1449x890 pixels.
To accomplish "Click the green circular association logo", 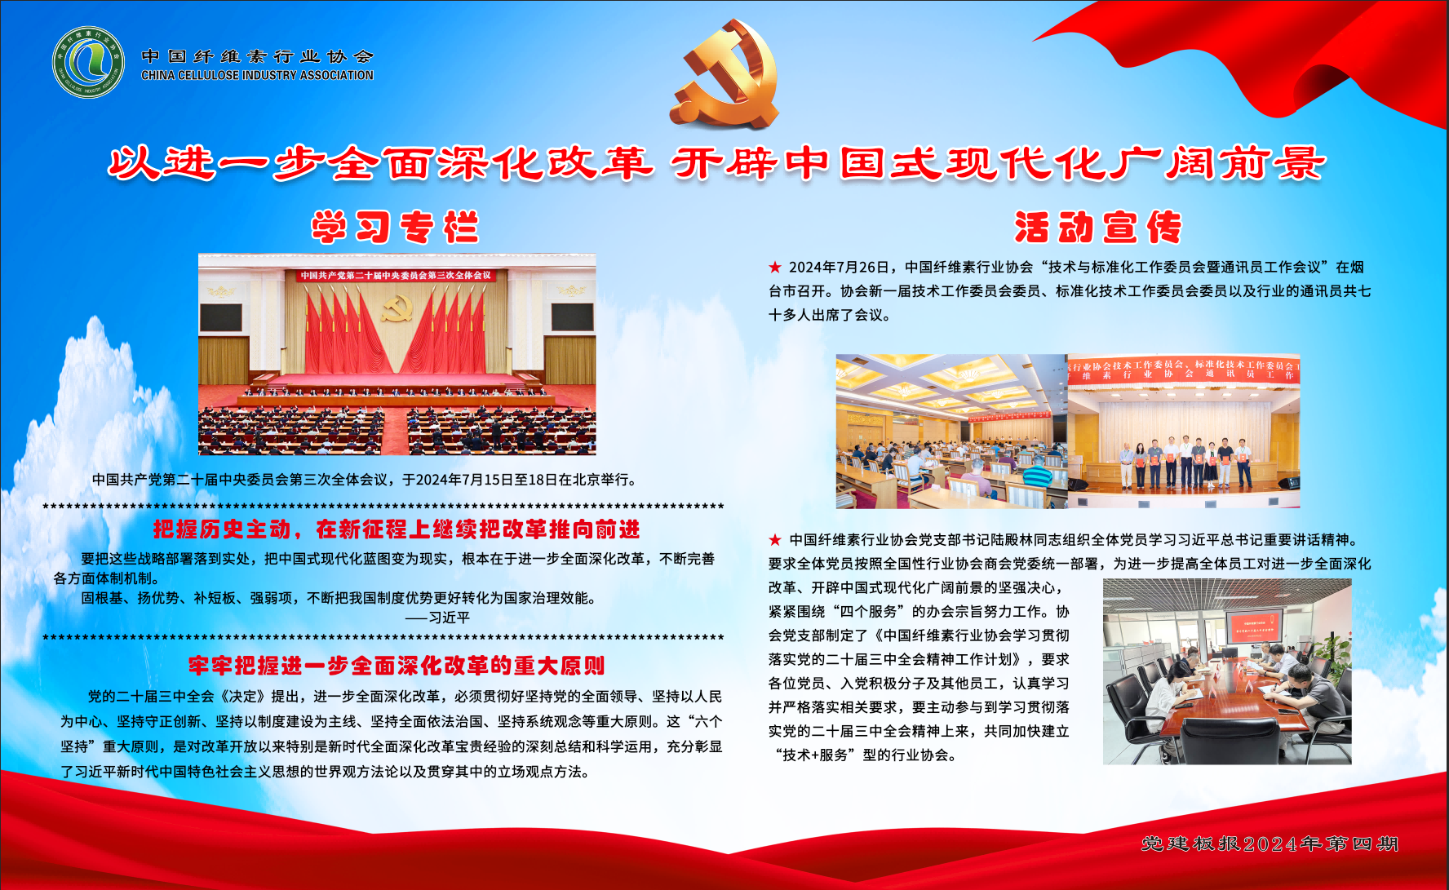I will [88, 62].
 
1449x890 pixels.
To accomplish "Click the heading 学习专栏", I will [394, 228].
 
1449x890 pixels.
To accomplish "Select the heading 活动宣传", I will [1098, 228].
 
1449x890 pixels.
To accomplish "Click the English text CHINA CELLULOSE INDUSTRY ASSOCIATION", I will [257, 75].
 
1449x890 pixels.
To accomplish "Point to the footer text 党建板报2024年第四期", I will [1270, 844].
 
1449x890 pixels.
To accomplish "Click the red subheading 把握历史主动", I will [221, 530].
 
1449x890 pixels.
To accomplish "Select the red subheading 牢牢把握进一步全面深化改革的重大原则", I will [397, 666].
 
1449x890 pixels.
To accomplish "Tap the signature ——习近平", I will [437, 618].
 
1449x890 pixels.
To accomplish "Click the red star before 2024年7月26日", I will [775, 268].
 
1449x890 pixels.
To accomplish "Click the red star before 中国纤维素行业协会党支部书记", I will [775, 540].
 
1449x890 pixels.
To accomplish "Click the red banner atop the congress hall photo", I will [397, 276].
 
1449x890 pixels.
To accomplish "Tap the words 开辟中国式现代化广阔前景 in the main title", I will [997, 164].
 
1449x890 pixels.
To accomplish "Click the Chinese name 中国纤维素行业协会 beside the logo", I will [257, 56].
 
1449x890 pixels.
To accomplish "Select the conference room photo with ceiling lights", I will [951, 431].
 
